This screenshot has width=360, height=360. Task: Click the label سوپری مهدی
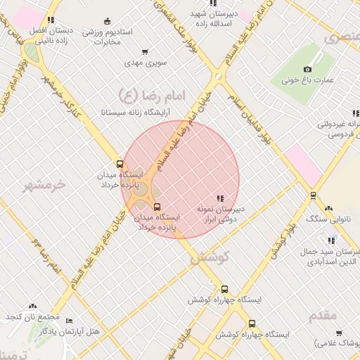[x=146, y=63]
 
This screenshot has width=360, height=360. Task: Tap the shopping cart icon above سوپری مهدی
[x=145, y=51]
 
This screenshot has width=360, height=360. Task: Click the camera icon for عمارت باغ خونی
[x=307, y=69]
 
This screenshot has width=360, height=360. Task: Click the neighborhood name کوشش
[x=209, y=258]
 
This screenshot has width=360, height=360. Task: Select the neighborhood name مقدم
[x=323, y=315]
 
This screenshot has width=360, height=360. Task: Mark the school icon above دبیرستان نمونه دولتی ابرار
[x=220, y=198]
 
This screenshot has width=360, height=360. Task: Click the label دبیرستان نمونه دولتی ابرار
[x=220, y=214]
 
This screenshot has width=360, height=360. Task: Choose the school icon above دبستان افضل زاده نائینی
[x=50, y=20]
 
